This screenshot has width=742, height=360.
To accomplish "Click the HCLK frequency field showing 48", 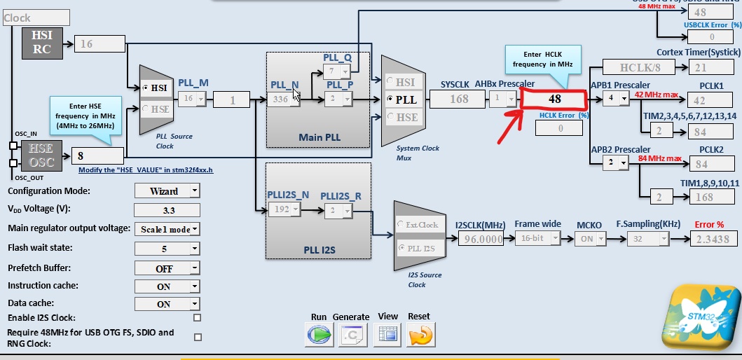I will [555, 99].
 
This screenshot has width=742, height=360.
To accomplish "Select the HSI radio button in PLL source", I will [146, 88].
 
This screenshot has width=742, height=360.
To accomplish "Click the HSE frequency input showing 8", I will [97, 156].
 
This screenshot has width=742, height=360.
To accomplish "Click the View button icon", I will [387, 335].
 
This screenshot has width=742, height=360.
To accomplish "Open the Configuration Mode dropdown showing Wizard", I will [167, 191].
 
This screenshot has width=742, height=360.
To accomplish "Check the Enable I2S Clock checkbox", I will [198, 318].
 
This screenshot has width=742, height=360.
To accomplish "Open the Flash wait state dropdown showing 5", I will [167, 248].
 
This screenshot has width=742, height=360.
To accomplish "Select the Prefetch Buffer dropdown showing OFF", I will [167, 268].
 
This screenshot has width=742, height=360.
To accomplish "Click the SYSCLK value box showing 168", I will [459, 99].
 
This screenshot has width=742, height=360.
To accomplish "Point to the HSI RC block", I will [43, 43].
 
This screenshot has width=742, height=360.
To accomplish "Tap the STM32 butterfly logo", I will [699, 317].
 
